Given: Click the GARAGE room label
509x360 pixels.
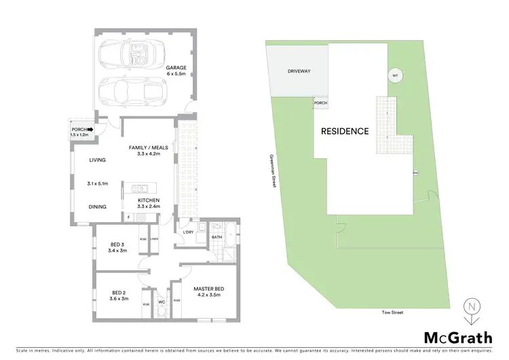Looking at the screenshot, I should pyautogui.click(x=176, y=68).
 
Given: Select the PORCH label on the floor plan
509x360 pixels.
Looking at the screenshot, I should pyautogui.click(x=79, y=128).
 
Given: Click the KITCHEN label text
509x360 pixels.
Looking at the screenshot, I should pyautogui.click(x=148, y=200).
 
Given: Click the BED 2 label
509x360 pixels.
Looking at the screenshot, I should pyautogui.click(x=119, y=294).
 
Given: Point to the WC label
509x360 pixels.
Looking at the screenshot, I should pyautogui.click(x=162, y=302).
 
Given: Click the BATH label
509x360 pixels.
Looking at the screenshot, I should pyautogui.click(x=216, y=237).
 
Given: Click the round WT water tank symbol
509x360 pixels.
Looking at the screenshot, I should pyautogui.click(x=394, y=76).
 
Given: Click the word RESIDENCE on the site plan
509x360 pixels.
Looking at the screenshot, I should pyautogui.click(x=345, y=131).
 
